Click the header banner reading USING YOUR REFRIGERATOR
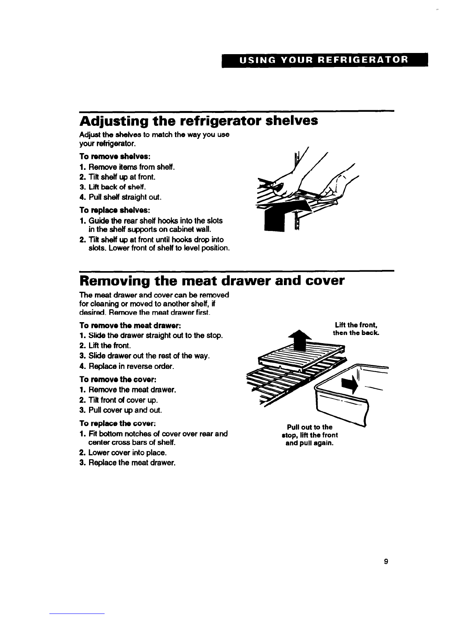click(325, 60)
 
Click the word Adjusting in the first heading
click(114, 122)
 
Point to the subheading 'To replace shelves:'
click(115, 210)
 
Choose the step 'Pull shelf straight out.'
click(121, 197)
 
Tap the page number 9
click(386, 561)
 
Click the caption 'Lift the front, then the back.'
click(356, 329)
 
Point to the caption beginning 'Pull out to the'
click(310, 435)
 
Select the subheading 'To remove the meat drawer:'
click(130, 325)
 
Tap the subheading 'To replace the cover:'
click(117, 423)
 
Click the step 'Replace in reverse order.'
click(127, 366)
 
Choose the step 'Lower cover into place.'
click(123, 453)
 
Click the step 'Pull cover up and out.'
click(121, 410)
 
